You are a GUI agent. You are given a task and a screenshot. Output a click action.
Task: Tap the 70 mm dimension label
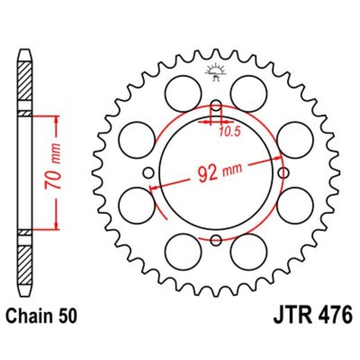(x=58, y=171)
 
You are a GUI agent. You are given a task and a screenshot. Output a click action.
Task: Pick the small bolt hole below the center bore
(x=215, y=241)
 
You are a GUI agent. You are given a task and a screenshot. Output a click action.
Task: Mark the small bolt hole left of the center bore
(x=148, y=173)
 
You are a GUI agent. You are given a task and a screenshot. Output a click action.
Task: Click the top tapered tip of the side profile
(x=25, y=53)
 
